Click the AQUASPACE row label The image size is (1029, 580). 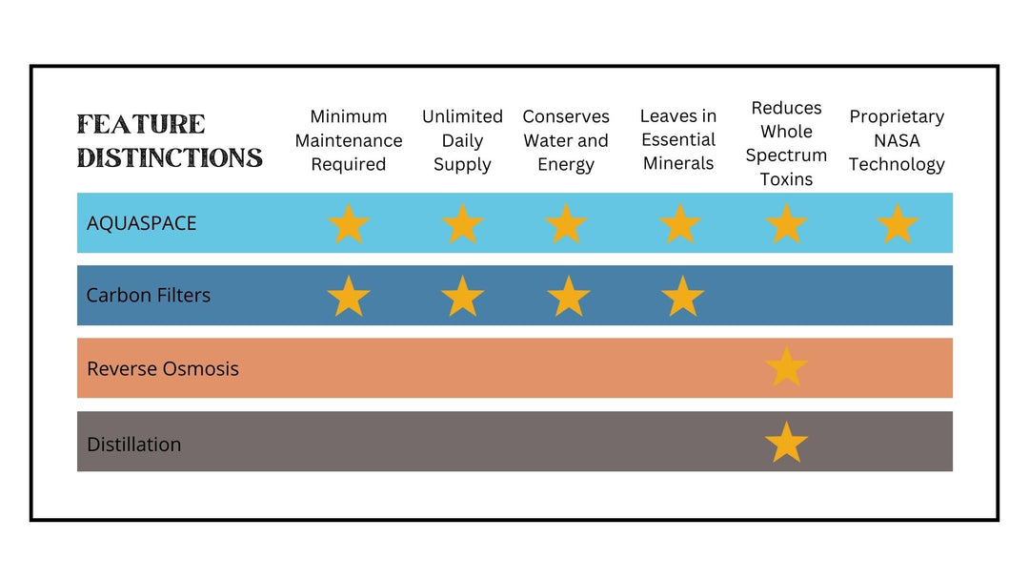point(141,223)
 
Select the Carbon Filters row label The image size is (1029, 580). point(149,296)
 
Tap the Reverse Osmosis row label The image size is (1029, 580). point(163,368)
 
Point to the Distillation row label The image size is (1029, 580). point(134,444)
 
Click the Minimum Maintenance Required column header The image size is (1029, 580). point(349,140)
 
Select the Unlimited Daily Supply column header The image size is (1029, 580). point(462,140)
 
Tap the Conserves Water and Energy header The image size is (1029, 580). point(566,140)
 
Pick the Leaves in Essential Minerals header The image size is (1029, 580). point(678,140)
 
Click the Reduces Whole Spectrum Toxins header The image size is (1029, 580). point(786,143)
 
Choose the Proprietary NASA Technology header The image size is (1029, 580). point(897,140)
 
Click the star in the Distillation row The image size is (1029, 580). point(786,442)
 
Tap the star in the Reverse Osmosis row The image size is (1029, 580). point(786,366)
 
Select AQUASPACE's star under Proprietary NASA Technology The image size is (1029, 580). point(898,224)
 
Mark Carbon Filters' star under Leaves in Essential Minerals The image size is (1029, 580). point(682,297)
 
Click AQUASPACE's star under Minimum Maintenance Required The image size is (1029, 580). point(349,224)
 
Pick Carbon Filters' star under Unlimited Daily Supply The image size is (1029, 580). point(463,297)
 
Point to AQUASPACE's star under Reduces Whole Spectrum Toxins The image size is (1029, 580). point(786,224)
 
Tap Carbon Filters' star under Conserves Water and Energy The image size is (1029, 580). point(568,297)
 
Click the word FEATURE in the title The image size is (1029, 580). point(141,124)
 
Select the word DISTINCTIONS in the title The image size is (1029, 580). point(170,157)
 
